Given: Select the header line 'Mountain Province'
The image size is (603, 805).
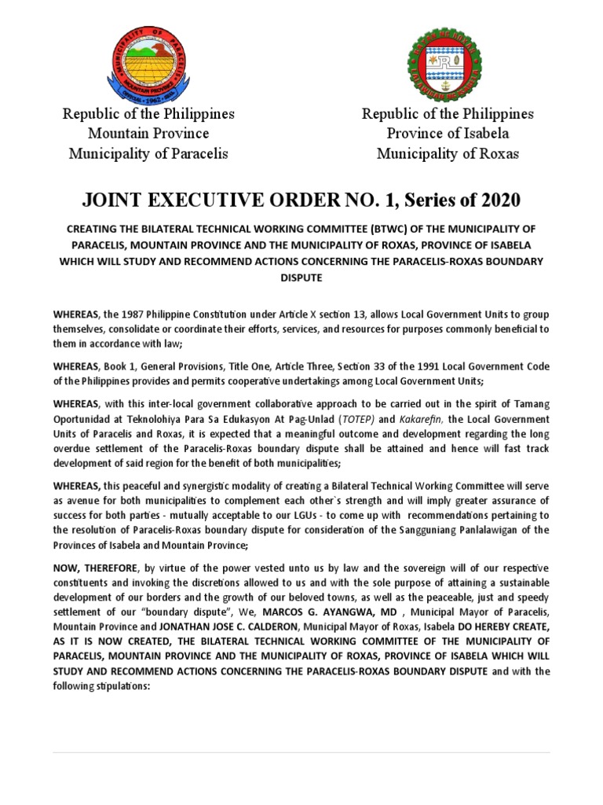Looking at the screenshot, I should (x=148, y=134).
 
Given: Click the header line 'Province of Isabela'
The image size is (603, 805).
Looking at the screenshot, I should (x=448, y=134).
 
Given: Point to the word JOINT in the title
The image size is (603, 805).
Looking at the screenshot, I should (x=113, y=200).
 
